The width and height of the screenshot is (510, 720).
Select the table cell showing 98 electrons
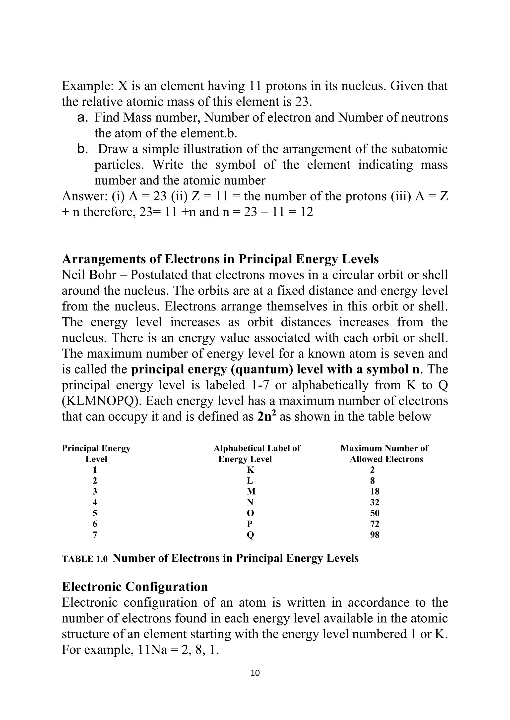375,535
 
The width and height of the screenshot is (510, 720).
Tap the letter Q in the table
250,535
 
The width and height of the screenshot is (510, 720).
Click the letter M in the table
251,491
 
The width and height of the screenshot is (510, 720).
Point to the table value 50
375,513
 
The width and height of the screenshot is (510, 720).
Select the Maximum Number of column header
384,448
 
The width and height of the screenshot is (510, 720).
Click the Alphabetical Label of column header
257,448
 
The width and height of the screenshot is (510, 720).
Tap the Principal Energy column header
96,448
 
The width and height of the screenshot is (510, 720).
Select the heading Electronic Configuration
135,586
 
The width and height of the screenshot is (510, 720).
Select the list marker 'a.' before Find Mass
82,118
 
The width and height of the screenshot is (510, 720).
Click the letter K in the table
250,470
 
